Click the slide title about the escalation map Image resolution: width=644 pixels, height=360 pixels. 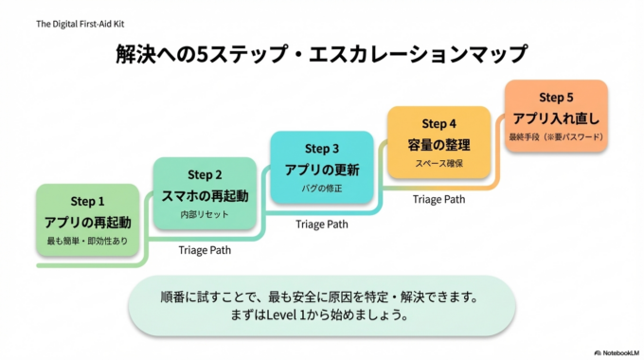[x=321, y=54]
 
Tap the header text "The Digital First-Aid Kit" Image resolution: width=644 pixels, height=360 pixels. [x=79, y=22]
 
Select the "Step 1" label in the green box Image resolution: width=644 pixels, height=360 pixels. [x=88, y=202]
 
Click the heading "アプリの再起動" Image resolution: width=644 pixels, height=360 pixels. [x=88, y=223]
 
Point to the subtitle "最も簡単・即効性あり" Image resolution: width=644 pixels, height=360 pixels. [x=88, y=243]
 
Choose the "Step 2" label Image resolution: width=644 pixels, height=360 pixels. [x=205, y=174]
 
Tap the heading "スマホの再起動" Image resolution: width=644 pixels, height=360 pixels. [x=205, y=196]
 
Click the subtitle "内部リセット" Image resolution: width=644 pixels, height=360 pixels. [x=205, y=216]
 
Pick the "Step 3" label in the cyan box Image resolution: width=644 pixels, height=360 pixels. [x=322, y=149]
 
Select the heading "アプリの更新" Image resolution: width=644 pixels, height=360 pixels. [x=322, y=171]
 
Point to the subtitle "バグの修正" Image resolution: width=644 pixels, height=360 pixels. [x=322, y=189]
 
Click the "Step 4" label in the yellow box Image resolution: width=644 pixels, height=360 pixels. [x=438, y=124]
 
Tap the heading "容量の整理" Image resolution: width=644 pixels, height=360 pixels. [x=438, y=145]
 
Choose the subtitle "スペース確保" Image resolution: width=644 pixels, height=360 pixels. [x=438, y=164]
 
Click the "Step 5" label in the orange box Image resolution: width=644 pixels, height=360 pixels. [x=556, y=98]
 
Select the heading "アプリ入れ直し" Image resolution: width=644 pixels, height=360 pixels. [x=556, y=118]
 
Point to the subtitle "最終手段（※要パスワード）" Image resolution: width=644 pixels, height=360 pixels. [x=556, y=138]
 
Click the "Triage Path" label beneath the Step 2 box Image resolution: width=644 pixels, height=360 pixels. [x=205, y=250]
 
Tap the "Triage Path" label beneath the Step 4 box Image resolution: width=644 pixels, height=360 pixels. [x=438, y=200]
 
